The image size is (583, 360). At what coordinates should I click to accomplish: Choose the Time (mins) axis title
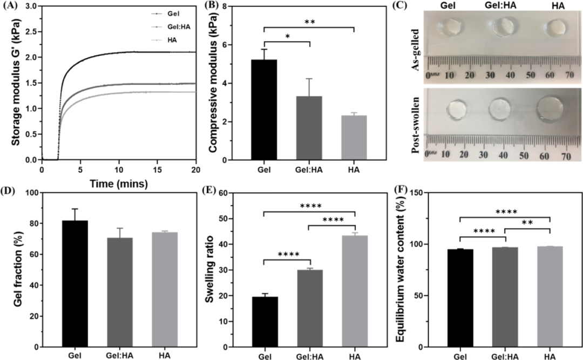tap(119, 183)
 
